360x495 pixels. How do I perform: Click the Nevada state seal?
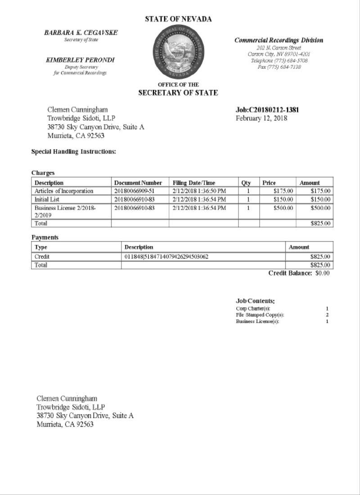(179, 52)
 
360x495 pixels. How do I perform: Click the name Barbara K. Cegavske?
(81, 33)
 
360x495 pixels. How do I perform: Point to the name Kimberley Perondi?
(80, 60)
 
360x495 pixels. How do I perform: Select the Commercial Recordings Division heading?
(279, 40)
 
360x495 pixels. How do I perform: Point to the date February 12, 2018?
(261, 118)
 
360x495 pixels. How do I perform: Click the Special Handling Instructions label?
(73, 152)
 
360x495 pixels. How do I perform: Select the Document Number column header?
(138, 183)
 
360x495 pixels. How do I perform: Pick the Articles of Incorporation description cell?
(64, 191)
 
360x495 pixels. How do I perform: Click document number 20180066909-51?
(134, 191)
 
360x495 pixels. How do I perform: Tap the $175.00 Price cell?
(283, 191)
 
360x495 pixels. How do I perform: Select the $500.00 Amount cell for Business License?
(320, 208)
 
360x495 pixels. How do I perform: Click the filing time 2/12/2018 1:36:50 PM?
(199, 191)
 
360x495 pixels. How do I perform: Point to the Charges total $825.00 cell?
(320, 223)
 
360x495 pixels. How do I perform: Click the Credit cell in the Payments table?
(42, 256)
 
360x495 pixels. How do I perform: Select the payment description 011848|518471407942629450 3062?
(166, 256)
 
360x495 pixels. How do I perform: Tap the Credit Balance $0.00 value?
(322, 273)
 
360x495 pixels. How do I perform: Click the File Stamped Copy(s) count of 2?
(327, 315)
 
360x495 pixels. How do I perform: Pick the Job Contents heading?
(255, 301)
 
